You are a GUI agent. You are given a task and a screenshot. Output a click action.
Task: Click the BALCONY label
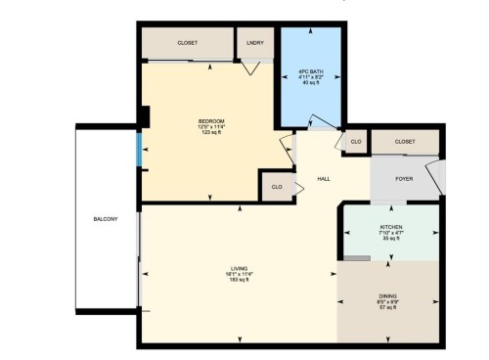click(x=105, y=218)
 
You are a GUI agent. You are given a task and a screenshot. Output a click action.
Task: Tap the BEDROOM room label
click(x=211, y=120)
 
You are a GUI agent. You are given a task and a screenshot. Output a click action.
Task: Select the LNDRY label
click(x=255, y=43)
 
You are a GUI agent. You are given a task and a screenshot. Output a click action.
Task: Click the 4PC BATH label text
click(x=311, y=71)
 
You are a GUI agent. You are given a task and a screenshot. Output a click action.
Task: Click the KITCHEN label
click(x=391, y=226)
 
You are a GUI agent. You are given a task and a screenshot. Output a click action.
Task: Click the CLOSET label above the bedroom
click(x=188, y=43)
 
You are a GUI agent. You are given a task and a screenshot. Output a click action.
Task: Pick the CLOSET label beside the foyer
click(x=405, y=142)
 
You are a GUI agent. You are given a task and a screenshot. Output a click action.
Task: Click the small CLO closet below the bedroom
click(x=277, y=186)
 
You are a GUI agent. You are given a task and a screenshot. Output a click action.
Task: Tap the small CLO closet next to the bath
click(x=356, y=142)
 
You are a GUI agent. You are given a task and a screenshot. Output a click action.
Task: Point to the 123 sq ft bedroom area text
click(x=211, y=132)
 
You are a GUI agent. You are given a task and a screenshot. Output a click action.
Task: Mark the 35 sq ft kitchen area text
click(x=391, y=238)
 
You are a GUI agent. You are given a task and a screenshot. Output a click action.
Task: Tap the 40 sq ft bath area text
click(x=311, y=83)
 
